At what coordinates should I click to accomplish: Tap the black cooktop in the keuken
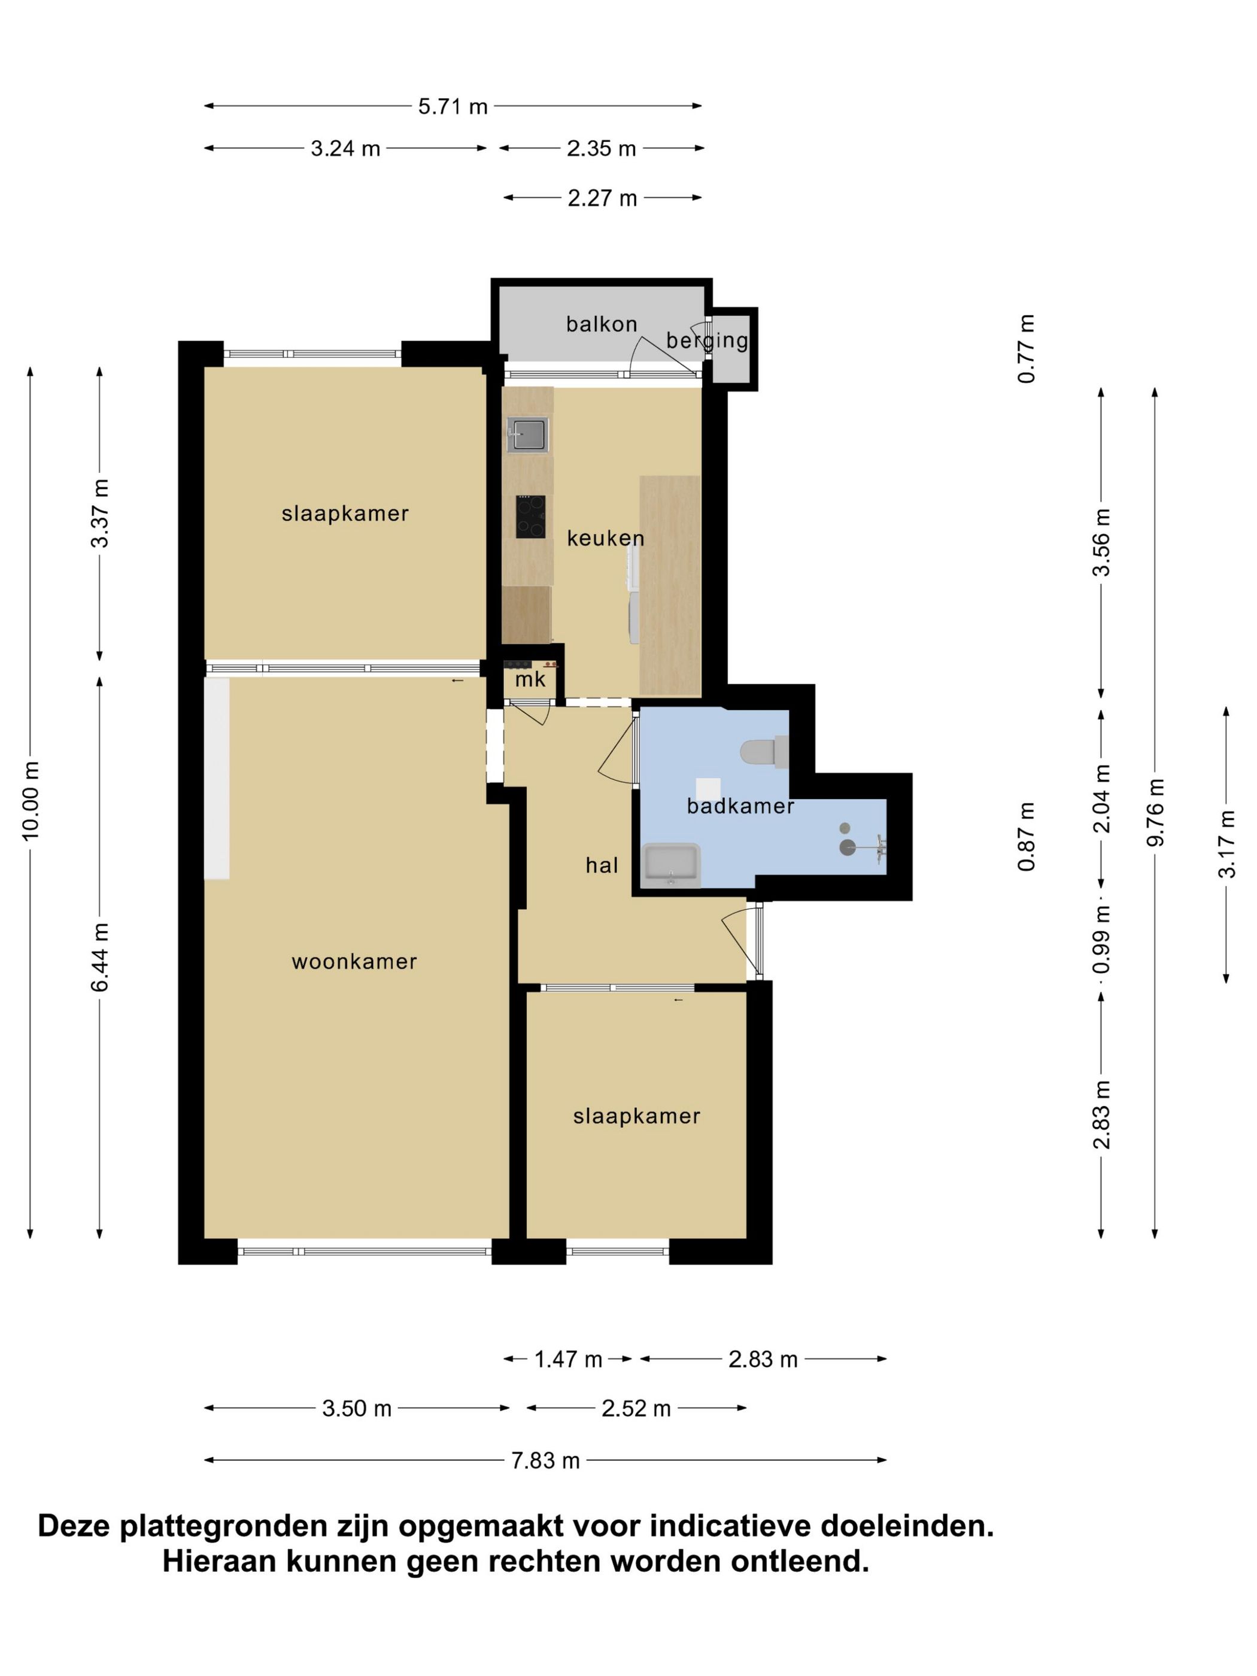530,517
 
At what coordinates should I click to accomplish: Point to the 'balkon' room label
602,324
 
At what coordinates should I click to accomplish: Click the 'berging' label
707,341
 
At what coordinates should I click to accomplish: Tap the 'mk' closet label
530,679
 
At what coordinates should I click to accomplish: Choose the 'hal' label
602,866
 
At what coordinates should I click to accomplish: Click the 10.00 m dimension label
31,800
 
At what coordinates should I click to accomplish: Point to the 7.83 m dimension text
545,1461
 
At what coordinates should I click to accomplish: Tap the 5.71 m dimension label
453,106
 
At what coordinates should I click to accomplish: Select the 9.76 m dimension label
1155,812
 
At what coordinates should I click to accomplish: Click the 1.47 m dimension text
568,1359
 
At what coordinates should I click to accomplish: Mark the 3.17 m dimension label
1226,844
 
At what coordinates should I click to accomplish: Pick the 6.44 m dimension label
100,957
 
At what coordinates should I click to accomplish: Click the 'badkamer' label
740,806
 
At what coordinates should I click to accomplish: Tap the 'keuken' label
605,538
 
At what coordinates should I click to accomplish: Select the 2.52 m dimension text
636,1408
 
